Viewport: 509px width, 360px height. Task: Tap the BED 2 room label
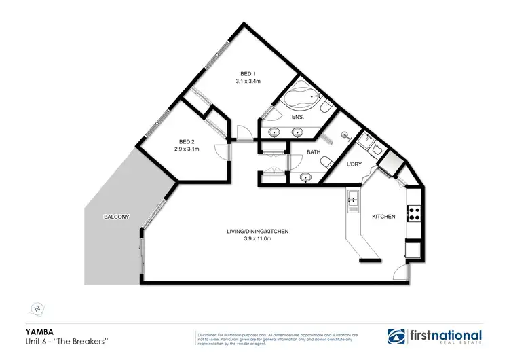[186, 141]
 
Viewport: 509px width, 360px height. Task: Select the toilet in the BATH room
[327, 162]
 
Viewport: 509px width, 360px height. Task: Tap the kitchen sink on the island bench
[354, 198]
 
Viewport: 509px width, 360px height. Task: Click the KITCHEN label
[383, 217]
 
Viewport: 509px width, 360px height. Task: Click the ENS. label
[297, 118]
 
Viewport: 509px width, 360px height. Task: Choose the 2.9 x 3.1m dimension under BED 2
[186, 149]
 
